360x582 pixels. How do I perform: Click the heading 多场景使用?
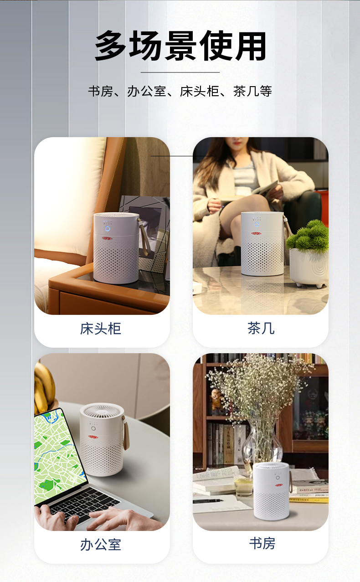point(180,46)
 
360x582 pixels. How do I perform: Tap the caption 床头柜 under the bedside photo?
point(101,329)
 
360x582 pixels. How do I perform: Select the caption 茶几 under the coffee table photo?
point(261,328)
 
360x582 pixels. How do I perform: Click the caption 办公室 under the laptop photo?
point(101,545)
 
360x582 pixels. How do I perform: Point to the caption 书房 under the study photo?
point(262,543)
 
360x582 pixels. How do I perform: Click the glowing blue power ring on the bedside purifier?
point(107,229)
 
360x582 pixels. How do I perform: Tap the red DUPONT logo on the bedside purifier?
point(107,238)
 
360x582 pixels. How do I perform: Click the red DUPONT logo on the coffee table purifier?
point(257,233)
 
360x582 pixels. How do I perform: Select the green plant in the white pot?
point(308,237)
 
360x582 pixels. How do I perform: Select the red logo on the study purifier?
point(279,485)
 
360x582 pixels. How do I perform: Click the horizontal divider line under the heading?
point(180,72)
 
